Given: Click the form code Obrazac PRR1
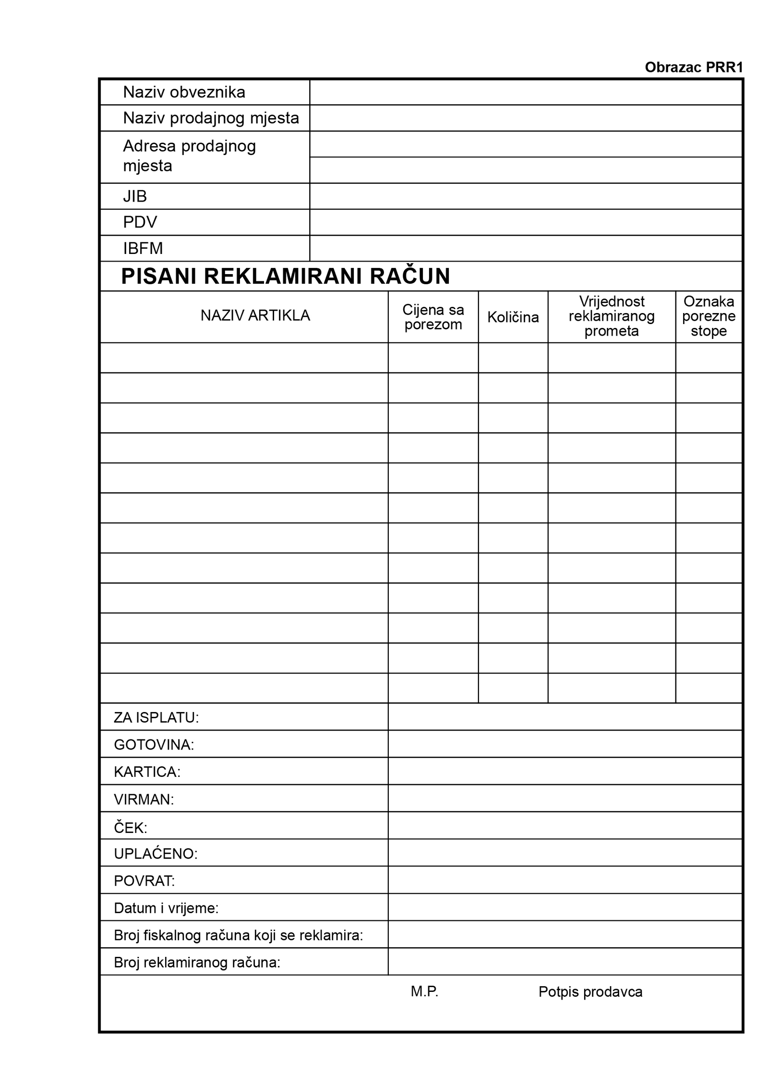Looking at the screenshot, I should point(693,67).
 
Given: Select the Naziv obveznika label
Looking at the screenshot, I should point(184,92).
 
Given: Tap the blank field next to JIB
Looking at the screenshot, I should point(525,196).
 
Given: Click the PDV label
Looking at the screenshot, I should point(140,222).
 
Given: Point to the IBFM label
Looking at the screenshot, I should point(143,248).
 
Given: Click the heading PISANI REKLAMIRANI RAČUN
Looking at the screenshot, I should point(285,276).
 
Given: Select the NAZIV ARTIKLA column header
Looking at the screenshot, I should point(255,315).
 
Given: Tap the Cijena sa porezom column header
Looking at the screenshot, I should point(433,317).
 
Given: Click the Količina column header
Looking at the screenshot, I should point(513,317).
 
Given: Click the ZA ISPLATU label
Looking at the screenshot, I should point(156,717).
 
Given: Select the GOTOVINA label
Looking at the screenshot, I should point(154,745).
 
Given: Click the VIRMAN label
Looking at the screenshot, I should point(144,799).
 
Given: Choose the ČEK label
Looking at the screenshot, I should point(130,827).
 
